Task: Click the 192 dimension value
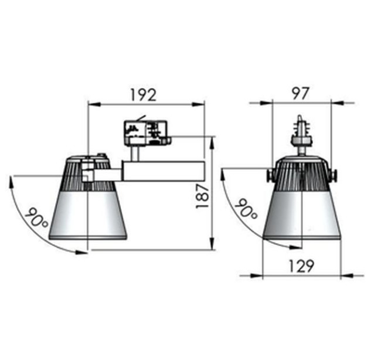pos(144,95)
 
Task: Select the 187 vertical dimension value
pos(202,196)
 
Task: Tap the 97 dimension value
pos(301,93)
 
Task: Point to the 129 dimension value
pos(301,266)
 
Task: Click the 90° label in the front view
pos(246,209)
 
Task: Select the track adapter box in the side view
pos(148,133)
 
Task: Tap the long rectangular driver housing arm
pos(164,171)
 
